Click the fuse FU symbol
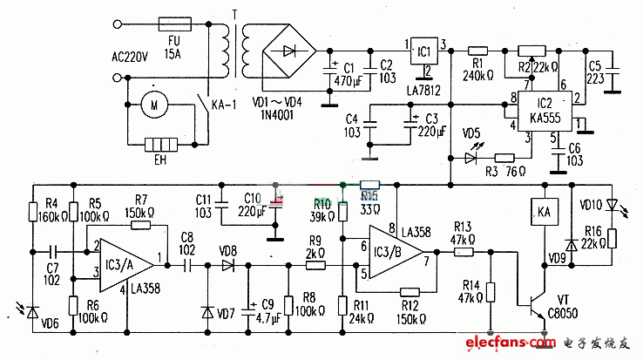click(173, 26)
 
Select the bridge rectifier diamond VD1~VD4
click(285, 48)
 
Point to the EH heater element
click(159, 145)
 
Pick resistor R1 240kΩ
click(477, 51)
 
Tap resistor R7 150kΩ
click(141, 224)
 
